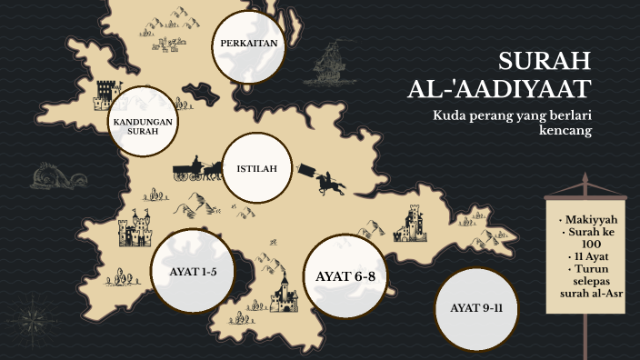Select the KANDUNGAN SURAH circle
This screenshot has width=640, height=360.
coord(143,124)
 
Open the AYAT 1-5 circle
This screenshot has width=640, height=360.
coord(192,271)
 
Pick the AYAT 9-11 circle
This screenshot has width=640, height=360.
coord(476,308)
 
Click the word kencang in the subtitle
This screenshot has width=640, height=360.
coord(565,131)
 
